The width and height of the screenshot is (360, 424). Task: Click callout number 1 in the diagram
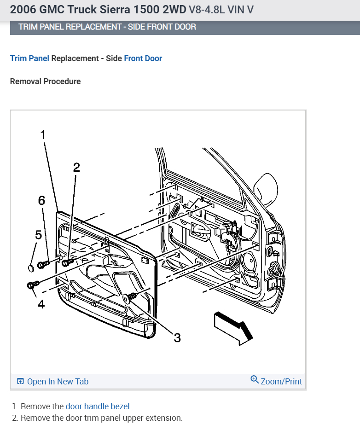pyautogui.click(x=43, y=134)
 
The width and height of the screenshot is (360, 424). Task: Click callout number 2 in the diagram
pyautogui.click(x=76, y=168)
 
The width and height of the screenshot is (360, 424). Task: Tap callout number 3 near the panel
pyautogui.click(x=177, y=338)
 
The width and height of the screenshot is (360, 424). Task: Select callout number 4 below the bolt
pyautogui.click(x=41, y=304)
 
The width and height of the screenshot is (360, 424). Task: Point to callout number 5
pyautogui.click(x=38, y=235)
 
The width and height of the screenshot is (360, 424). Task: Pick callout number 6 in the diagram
pyautogui.click(x=42, y=200)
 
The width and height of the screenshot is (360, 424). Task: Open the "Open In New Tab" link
pyautogui.click(x=52, y=381)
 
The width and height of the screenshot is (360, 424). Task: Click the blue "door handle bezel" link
pyautogui.click(x=98, y=407)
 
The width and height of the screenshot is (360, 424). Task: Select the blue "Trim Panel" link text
pyautogui.click(x=29, y=58)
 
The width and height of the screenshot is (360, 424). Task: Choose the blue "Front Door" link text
pyautogui.click(x=143, y=58)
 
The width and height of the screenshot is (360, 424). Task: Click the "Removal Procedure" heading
pyautogui.click(x=45, y=81)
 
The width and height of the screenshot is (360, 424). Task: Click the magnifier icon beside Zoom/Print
pyautogui.click(x=255, y=380)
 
